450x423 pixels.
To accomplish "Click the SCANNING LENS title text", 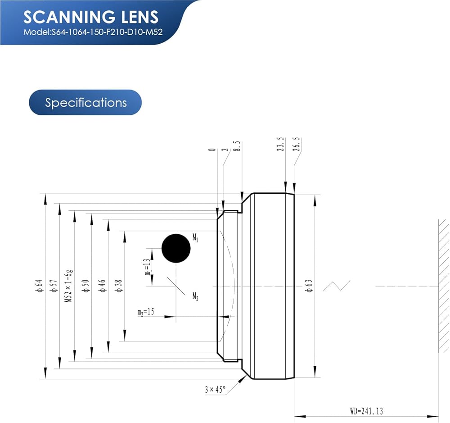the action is pyautogui.click(x=91, y=17).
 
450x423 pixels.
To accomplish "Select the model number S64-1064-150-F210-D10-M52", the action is pyautogui.click(x=107, y=32).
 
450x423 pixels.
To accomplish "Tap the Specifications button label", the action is pyautogui.click(x=85, y=103).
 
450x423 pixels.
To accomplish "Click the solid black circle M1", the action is pyautogui.click(x=176, y=248).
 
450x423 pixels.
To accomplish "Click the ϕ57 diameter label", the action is pyautogui.click(x=54, y=286).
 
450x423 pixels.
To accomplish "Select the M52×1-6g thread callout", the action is pyautogui.click(x=69, y=286).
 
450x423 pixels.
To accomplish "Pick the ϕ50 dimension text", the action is pyautogui.click(x=86, y=286).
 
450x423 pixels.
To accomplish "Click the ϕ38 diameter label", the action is pyautogui.click(x=119, y=286).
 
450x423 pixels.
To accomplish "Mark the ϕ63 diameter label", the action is pyautogui.click(x=309, y=286).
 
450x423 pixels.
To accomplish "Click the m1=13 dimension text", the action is pyautogui.click(x=148, y=267).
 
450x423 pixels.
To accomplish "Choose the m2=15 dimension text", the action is pyautogui.click(x=146, y=312).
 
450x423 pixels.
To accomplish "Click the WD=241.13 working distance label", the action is pyautogui.click(x=366, y=411).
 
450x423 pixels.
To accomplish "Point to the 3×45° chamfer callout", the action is pyautogui.click(x=215, y=389).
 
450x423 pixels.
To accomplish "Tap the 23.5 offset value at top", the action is pyautogui.click(x=281, y=144).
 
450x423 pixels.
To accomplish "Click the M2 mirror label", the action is pyautogui.click(x=195, y=296).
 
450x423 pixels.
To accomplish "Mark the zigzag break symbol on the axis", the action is pyautogui.click(x=337, y=286).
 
